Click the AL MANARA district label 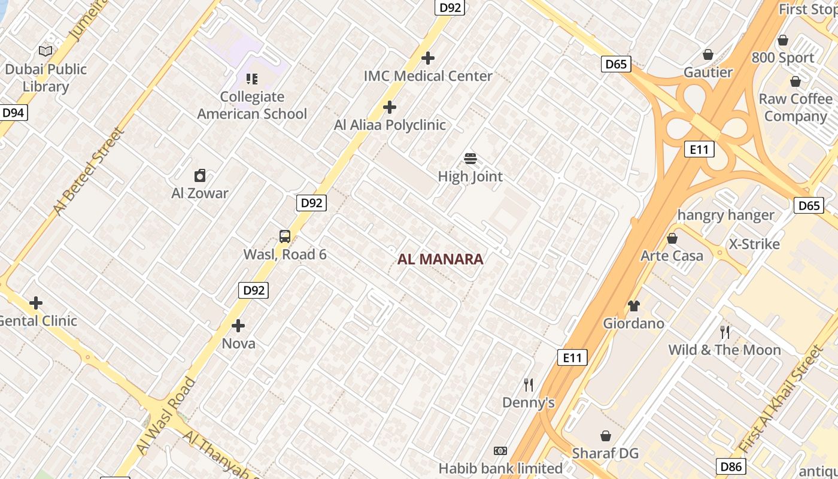click(x=441, y=259)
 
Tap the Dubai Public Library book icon click(x=45, y=51)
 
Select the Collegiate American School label click(x=252, y=105)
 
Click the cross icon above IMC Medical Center click(x=428, y=58)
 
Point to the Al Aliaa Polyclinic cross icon click(x=390, y=107)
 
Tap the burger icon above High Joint click(x=470, y=159)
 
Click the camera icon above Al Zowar click(x=200, y=175)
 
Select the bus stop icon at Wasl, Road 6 click(x=285, y=237)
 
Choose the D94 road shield click(x=13, y=113)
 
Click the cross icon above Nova click(x=238, y=326)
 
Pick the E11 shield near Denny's click(x=572, y=357)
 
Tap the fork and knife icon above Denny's click(x=528, y=384)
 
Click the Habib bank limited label click(x=500, y=468)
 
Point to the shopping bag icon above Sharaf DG click(x=606, y=435)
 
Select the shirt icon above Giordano click(x=634, y=306)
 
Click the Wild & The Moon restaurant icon click(x=725, y=332)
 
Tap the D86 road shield click(x=731, y=466)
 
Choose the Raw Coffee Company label click(x=796, y=107)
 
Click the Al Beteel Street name click(x=87, y=171)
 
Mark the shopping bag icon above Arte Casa click(x=672, y=238)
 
